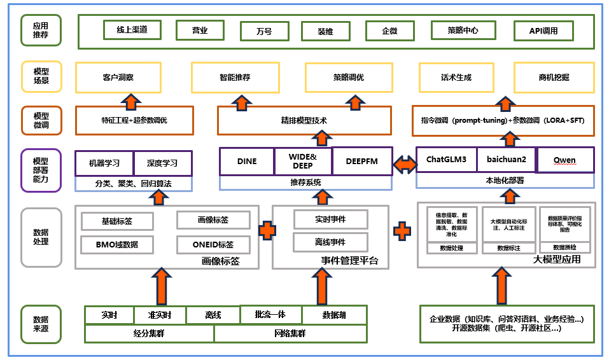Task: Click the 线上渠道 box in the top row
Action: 131,30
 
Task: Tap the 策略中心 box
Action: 463,30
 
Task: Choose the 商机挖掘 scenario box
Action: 550,77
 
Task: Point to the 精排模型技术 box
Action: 304,120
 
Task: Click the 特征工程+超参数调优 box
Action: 134,120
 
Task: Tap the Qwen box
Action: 565,160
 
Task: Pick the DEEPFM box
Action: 361,162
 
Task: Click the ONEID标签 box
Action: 213,244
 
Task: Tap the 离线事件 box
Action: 330,242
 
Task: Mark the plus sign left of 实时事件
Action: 267,230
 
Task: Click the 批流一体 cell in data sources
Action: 270,315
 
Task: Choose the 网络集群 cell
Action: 290,333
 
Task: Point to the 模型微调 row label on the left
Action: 41,120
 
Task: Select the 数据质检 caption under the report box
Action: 565,247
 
